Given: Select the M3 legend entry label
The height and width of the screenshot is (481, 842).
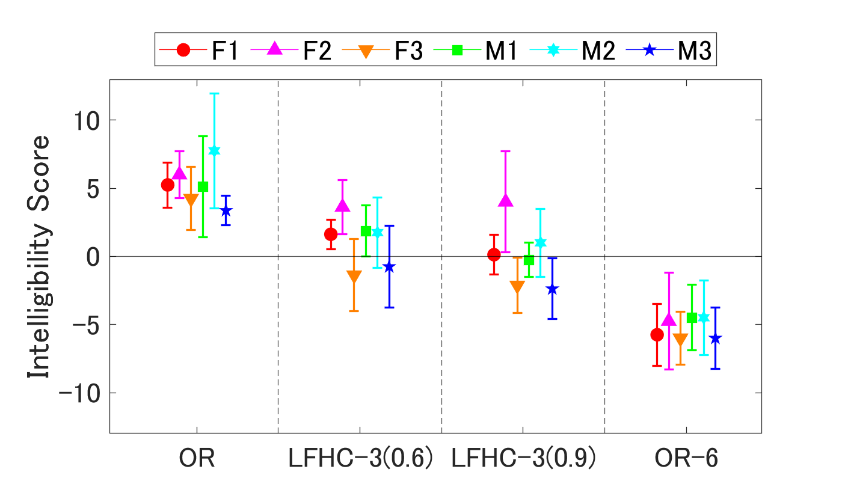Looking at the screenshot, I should point(695,51).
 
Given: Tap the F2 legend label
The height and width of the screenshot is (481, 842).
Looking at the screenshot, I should point(317,51).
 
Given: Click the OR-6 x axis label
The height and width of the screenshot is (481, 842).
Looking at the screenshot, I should point(686,459).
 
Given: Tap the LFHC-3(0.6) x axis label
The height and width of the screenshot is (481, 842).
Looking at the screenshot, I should point(360,459).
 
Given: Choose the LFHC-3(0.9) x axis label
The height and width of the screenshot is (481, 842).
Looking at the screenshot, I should point(523,459).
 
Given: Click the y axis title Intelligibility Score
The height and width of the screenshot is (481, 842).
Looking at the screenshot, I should point(38,256).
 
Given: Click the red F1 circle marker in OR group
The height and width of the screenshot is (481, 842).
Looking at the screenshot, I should point(168,185).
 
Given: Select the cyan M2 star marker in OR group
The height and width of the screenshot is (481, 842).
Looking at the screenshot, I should point(214,151).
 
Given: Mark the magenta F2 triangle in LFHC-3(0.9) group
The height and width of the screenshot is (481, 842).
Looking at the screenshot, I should point(505,201).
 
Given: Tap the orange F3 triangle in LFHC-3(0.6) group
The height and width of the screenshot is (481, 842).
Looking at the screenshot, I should point(354,277).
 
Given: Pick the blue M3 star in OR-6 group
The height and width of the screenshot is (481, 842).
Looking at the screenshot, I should point(715,339).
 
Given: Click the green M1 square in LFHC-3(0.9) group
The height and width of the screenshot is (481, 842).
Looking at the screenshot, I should point(529,260).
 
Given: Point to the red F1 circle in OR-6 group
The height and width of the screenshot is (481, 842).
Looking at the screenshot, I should point(657,335).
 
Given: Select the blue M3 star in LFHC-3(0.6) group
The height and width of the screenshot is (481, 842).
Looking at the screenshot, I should point(389,267).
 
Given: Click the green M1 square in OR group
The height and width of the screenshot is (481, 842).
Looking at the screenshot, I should point(203,187).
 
